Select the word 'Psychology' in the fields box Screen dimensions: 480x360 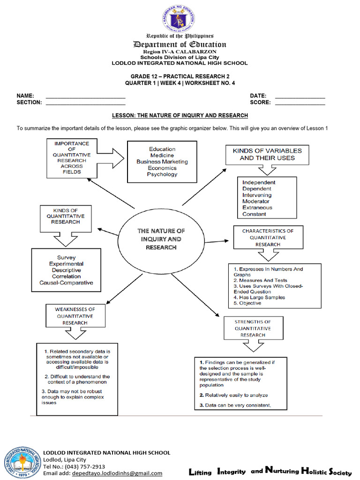162,174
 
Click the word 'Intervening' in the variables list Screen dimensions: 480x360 257,195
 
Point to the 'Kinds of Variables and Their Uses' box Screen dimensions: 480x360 267,154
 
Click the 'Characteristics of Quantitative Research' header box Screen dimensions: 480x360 268,238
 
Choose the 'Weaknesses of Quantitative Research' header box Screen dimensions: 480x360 75,316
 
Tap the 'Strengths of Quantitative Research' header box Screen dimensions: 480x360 253,329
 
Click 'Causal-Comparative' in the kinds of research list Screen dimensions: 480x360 66,283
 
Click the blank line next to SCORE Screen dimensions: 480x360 300,102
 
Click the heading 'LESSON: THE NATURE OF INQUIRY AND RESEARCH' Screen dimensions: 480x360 180,115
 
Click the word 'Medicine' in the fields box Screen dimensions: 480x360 162,155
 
